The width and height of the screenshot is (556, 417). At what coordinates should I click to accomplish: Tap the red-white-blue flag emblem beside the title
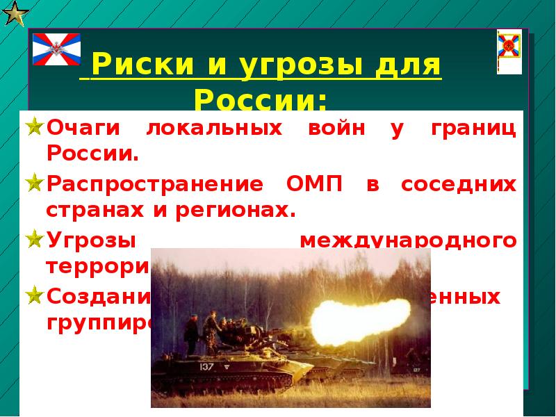click(x=57, y=49)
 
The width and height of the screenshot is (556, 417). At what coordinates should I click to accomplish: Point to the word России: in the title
click(x=261, y=99)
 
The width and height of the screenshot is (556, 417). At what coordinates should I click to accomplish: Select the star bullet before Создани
click(x=35, y=297)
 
